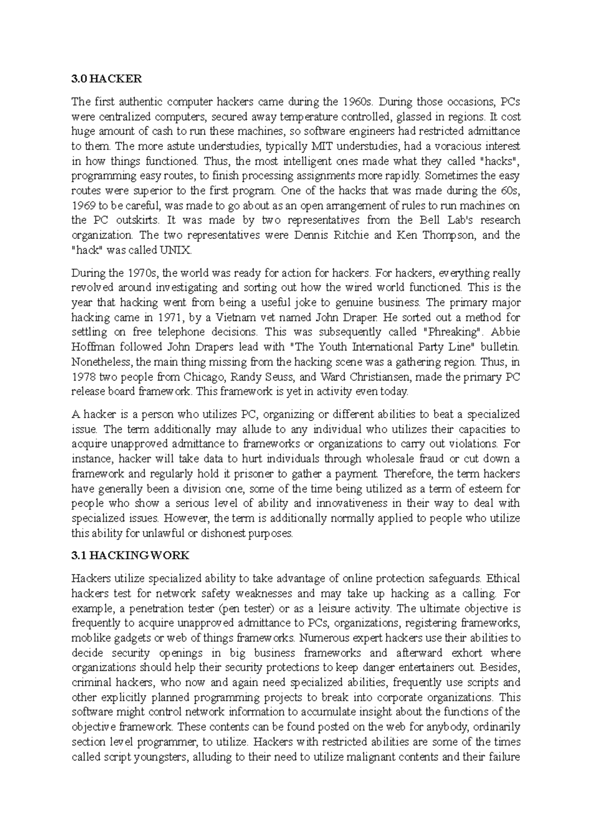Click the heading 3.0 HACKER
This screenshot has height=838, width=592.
click(106, 79)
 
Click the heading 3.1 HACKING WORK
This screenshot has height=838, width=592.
click(130, 556)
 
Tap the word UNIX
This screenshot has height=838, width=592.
click(174, 250)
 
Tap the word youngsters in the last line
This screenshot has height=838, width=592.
click(161, 757)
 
